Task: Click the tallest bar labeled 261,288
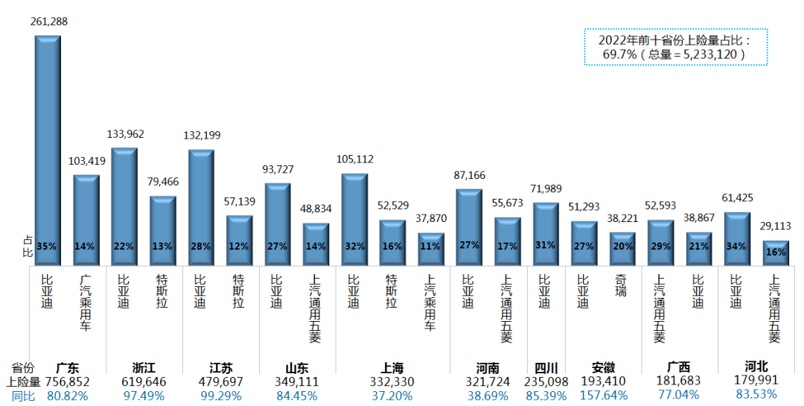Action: (x=48, y=149)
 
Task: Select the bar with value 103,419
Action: (x=86, y=220)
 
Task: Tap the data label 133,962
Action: (x=124, y=134)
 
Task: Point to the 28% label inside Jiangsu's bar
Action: (x=201, y=247)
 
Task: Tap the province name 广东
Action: (x=72, y=367)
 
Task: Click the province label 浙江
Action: (x=144, y=367)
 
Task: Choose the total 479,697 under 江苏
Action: (x=220, y=381)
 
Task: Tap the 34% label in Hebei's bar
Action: (x=736, y=247)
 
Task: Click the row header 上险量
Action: (x=25, y=381)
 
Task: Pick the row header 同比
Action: (x=25, y=395)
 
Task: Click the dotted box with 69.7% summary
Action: (x=675, y=47)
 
